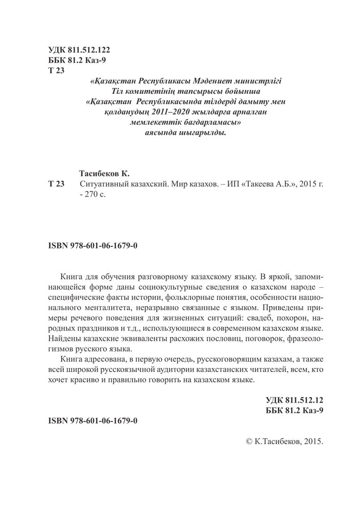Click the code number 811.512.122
(x=88, y=50)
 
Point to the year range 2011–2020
(x=149, y=112)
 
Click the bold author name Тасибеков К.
(x=108, y=174)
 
